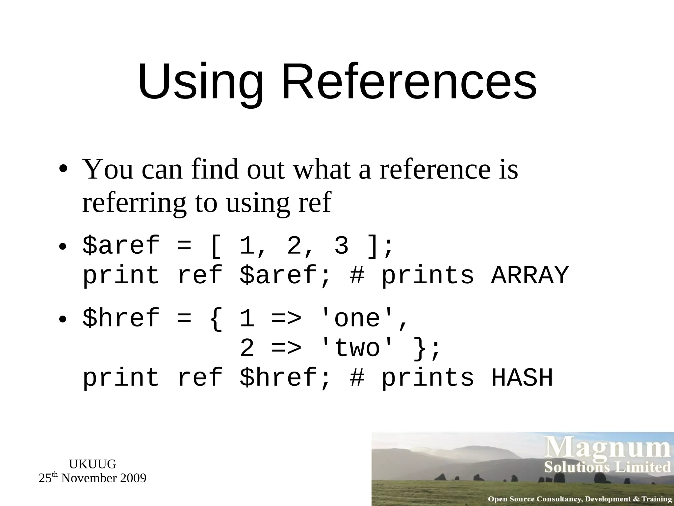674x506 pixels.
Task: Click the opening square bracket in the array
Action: [216, 246]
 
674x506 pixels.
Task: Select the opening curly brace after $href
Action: [216, 319]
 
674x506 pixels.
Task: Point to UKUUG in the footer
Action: [92, 464]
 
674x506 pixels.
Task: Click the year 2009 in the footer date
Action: [133, 478]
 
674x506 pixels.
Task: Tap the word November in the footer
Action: [89, 478]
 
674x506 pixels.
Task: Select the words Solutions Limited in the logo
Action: [607, 467]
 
